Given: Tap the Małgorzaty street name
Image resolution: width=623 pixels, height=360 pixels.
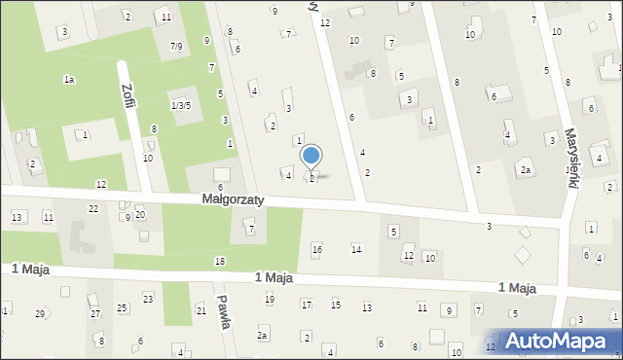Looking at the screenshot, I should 234,198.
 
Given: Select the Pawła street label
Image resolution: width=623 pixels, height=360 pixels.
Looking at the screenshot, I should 225,312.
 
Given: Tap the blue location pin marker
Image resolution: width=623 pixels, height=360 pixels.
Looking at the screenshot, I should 311,158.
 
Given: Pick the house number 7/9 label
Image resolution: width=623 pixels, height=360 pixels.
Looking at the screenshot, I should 175,46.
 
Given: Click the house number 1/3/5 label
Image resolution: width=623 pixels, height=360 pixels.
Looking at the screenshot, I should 181,105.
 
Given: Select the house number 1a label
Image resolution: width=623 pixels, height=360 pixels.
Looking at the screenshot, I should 69,79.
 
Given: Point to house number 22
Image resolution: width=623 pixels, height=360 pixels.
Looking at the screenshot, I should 93,209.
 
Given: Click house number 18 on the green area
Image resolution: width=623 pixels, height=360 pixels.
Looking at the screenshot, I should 220,261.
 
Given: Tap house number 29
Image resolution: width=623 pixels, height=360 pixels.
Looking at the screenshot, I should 40,313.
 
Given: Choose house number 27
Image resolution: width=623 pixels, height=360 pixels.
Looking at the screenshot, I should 95,313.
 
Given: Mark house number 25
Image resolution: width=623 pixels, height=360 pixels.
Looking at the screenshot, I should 122,308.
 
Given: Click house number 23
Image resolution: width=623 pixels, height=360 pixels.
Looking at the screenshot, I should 148,298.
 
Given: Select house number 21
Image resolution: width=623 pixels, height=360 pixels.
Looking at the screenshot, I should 202,310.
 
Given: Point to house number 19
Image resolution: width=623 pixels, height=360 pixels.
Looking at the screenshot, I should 269,299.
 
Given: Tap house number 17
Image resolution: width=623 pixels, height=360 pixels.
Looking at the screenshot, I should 306,306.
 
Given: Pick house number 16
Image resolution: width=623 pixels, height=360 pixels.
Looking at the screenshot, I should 316,250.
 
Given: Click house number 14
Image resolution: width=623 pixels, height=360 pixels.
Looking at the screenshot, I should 356,250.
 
